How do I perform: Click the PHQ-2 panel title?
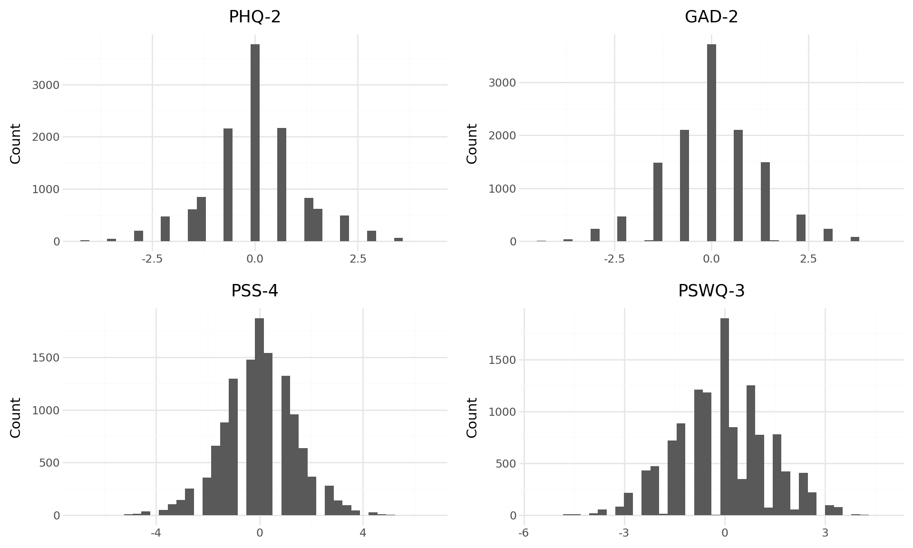coord(255,17)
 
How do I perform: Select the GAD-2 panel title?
coord(711,17)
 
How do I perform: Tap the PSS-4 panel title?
coord(255,291)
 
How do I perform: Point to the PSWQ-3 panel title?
coord(711,291)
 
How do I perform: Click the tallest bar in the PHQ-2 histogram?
coord(255,143)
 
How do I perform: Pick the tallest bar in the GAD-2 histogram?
coord(711,143)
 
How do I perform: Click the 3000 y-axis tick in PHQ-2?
coord(46,85)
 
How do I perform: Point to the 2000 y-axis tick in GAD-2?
coord(502,136)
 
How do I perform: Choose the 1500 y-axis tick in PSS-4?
coord(46,358)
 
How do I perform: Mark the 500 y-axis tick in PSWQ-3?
coord(506,464)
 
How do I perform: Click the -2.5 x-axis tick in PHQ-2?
coord(152,259)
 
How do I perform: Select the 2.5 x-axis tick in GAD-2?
coord(808,259)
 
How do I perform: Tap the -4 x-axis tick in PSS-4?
coord(156,533)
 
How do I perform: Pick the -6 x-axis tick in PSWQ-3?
coord(524,533)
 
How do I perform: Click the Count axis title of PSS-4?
coord(16,417)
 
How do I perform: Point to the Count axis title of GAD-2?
coord(472,143)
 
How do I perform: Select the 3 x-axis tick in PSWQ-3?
coord(825,533)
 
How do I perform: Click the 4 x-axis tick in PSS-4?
coord(363,533)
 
